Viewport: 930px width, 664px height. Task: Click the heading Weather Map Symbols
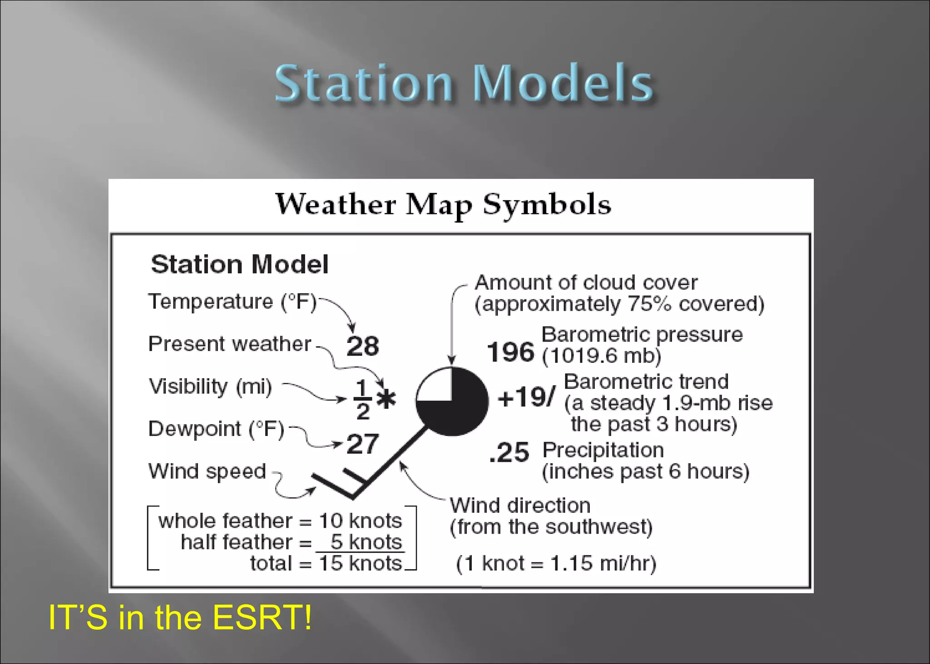pyautogui.click(x=443, y=204)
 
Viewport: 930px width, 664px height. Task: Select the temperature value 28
pyautogui.click(x=362, y=346)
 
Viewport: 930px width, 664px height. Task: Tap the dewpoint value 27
pyautogui.click(x=362, y=444)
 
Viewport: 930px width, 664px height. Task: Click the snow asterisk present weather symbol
pyautogui.click(x=386, y=399)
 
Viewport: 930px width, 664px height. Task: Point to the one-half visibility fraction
pyautogui.click(x=362, y=400)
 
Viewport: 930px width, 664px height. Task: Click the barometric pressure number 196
pyautogui.click(x=510, y=352)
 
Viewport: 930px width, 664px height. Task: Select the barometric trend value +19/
pyautogui.click(x=526, y=397)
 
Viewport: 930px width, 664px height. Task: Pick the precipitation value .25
pyautogui.click(x=509, y=452)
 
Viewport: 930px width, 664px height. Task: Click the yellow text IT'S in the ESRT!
pyautogui.click(x=180, y=617)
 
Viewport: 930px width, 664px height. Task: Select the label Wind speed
pyautogui.click(x=207, y=471)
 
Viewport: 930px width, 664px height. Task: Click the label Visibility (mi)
pyautogui.click(x=210, y=387)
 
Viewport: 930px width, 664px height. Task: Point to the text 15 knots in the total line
pyautogui.click(x=361, y=563)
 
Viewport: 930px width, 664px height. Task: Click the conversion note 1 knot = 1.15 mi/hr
pyautogui.click(x=556, y=564)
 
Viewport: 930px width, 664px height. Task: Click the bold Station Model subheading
pyautogui.click(x=239, y=264)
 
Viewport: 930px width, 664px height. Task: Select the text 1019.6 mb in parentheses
pyautogui.click(x=601, y=356)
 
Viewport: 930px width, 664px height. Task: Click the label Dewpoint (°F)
pyautogui.click(x=216, y=429)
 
